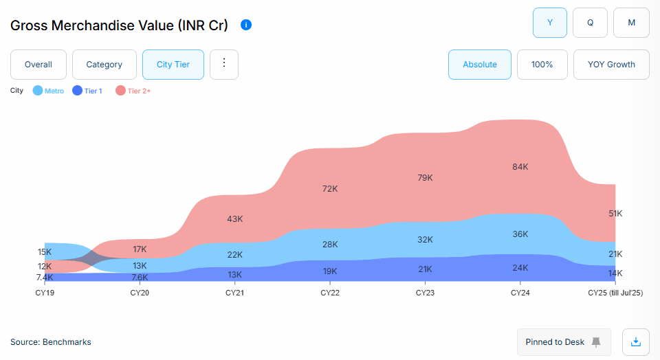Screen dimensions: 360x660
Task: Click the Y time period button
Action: (550, 23)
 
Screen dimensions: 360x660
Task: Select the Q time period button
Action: (590, 23)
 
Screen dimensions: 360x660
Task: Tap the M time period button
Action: (631, 23)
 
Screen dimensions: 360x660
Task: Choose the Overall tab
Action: (38, 65)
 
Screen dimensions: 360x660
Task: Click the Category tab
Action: (104, 65)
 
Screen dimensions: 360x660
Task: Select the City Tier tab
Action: (173, 65)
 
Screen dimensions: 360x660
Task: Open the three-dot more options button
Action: (223, 64)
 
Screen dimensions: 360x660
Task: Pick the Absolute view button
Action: (480, 65)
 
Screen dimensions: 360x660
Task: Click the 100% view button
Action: (542, 65)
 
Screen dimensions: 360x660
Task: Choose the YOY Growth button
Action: (611, 65)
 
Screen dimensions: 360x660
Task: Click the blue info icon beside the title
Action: (246, 25)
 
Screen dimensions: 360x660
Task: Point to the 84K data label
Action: (520, 167)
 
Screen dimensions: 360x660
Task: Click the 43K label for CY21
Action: (235, 219)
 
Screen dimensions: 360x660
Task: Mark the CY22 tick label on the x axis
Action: (330, 293)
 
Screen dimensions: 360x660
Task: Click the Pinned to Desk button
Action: (563, 342)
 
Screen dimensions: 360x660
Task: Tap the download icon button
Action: (636, 341)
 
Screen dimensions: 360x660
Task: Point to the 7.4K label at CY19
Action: (45, 278)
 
